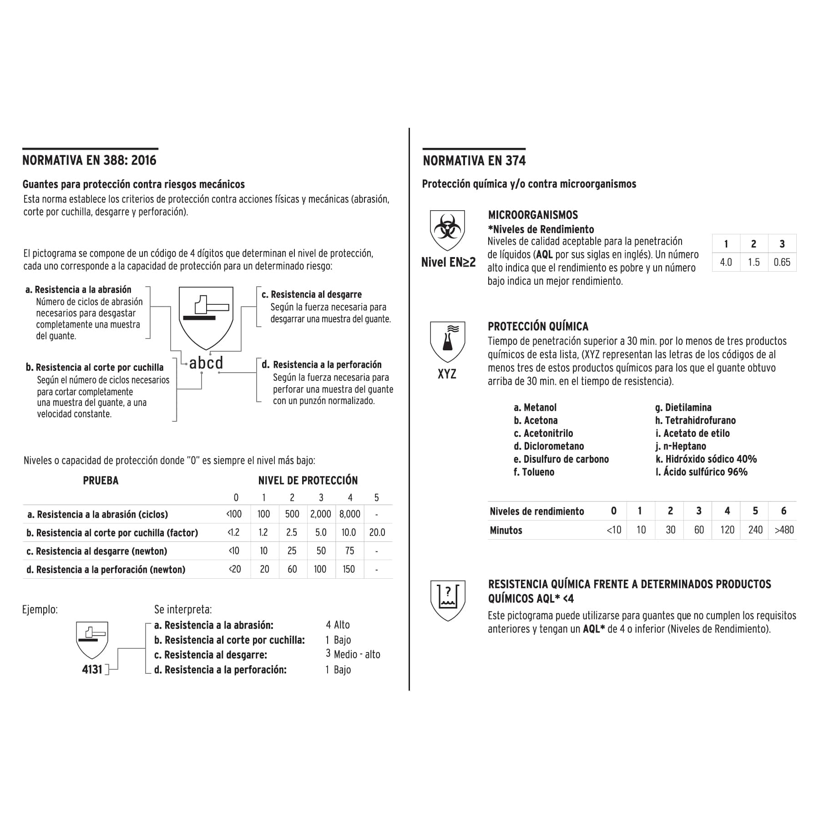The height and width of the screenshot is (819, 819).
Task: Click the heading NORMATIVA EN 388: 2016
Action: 89,160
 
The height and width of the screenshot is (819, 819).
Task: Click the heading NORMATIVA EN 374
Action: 474,161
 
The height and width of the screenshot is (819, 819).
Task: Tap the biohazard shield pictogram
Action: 447,229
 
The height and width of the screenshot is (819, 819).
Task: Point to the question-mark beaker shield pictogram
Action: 448,600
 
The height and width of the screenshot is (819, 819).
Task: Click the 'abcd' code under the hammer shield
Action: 206,363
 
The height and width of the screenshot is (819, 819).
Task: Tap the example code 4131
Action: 92,669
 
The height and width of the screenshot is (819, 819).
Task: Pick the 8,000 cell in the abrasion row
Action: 349,514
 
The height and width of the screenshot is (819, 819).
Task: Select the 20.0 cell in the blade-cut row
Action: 377,532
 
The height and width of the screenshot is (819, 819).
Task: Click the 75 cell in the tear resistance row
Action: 349,551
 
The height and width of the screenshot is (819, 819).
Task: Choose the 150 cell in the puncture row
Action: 349,569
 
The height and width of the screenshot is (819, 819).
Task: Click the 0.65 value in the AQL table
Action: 782,262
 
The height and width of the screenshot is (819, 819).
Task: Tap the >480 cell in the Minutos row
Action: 784,530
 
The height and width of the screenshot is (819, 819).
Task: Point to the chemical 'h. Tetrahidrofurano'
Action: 695,420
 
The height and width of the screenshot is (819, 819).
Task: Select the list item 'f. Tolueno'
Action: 534,472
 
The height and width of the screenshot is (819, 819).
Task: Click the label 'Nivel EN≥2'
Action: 448,262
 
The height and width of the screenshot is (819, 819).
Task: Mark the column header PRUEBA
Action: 101,480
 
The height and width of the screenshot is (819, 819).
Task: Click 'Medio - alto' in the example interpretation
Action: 357,654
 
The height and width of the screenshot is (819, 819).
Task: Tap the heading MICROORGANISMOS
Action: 533,215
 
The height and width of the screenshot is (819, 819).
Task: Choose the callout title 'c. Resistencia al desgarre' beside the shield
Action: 312,294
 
